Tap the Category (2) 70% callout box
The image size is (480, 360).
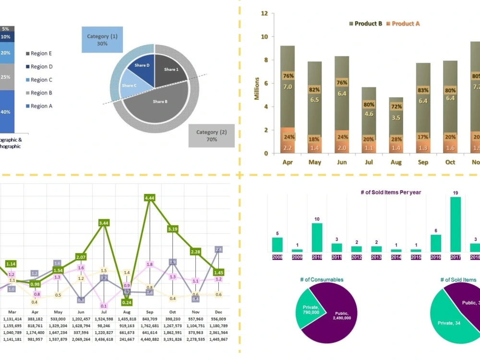point(211,135)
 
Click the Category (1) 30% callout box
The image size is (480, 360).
point(102,40)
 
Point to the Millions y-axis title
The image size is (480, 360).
point(257,88)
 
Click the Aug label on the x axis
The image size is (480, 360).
point(396,162)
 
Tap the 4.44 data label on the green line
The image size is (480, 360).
point(149,198)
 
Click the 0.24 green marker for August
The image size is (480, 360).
point(127,302)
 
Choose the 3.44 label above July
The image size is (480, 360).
point(104,223)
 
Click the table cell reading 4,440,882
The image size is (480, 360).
point(149,339)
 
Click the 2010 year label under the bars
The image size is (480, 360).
point(317,257)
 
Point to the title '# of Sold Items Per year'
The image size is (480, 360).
point(391,192)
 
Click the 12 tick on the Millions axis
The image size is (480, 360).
point(264,13)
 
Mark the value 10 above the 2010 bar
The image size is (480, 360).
point(317,219)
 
